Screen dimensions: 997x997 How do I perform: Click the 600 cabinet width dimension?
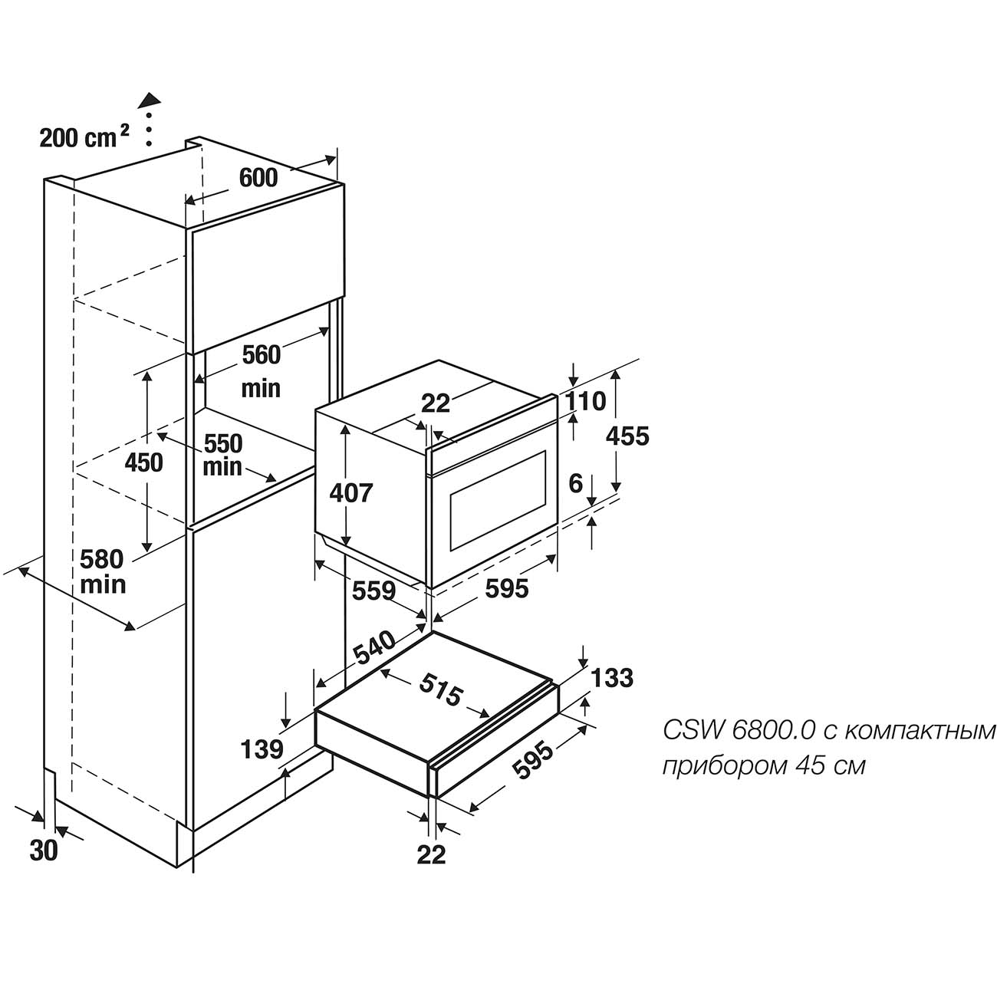258,178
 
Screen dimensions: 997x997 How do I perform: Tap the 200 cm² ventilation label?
84,137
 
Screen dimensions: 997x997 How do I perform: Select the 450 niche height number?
144,462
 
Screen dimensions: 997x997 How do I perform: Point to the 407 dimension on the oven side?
351,493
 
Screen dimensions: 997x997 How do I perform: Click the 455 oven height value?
627,436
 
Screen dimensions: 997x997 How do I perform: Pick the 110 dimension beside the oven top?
585,402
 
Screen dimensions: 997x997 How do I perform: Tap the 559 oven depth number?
374,591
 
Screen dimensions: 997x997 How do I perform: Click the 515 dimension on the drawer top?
440,690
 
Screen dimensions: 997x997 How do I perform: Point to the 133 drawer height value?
611,678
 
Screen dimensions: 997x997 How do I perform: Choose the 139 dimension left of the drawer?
262,749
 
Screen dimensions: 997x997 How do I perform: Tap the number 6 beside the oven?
576,484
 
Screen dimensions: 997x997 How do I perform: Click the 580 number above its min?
102,559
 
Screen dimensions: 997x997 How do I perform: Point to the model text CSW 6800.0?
740,731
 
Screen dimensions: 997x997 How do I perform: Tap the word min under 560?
262,388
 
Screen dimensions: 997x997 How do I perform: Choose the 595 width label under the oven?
506,589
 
